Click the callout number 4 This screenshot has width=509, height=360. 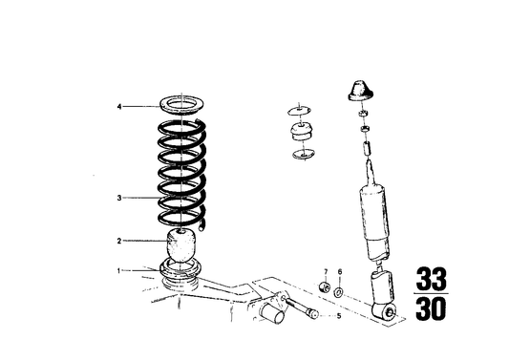pyautogui.click(x=119, y=106)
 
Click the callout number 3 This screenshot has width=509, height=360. pyautogui.click(x=119, y=199)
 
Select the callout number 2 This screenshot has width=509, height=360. pyautogui.click(x=119, y=241)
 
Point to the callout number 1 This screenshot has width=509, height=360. pyautogui.click(x=119, y=270)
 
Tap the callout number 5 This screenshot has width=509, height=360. pyautogui.click(x=337, y=315)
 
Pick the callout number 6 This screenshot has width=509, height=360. pyautogui.click(x=339, y=272)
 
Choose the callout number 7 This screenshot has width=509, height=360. pyautogui.click(x=324, y=272)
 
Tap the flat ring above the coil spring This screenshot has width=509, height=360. pyautogui.click(x=183, y=107)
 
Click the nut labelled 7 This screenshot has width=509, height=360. pyautogui.click(x=324, y=288)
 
